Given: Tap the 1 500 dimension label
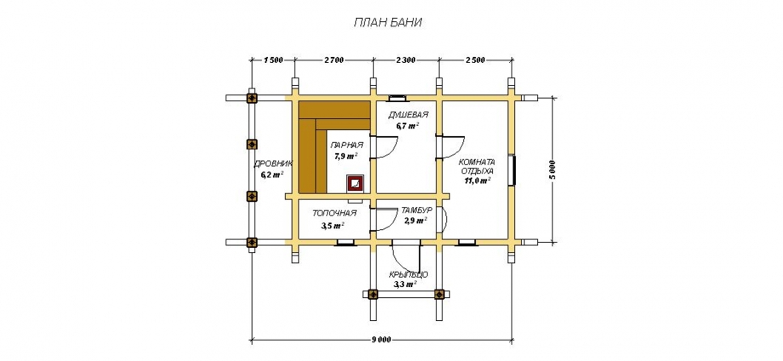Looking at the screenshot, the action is (x=273, y=60).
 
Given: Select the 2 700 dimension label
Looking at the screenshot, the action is (x=334, y=60).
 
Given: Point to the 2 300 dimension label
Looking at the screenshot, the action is (x=405, y=60).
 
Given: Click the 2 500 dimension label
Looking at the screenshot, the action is (x=475, y=60).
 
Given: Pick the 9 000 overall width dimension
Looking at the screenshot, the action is (x=381, y=341).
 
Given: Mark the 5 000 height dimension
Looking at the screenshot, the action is (x=552, y=171).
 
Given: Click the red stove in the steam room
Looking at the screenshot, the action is (x=356, y=184).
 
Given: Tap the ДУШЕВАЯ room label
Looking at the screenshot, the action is (x=408, y=115).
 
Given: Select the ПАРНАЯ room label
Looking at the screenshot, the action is (x=346, y=146).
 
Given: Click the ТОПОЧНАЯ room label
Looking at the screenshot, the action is (x=334, y=213).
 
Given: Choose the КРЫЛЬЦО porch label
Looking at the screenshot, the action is (x=409, y=275).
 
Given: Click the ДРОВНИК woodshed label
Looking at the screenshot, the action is (x=273, y=163).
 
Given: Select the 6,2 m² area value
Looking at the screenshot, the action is (x=272, y=175).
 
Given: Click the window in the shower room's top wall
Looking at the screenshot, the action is (x=398, y=97).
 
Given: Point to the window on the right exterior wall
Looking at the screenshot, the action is (x=512, y=171).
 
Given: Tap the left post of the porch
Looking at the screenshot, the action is (x=373, y=294).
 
